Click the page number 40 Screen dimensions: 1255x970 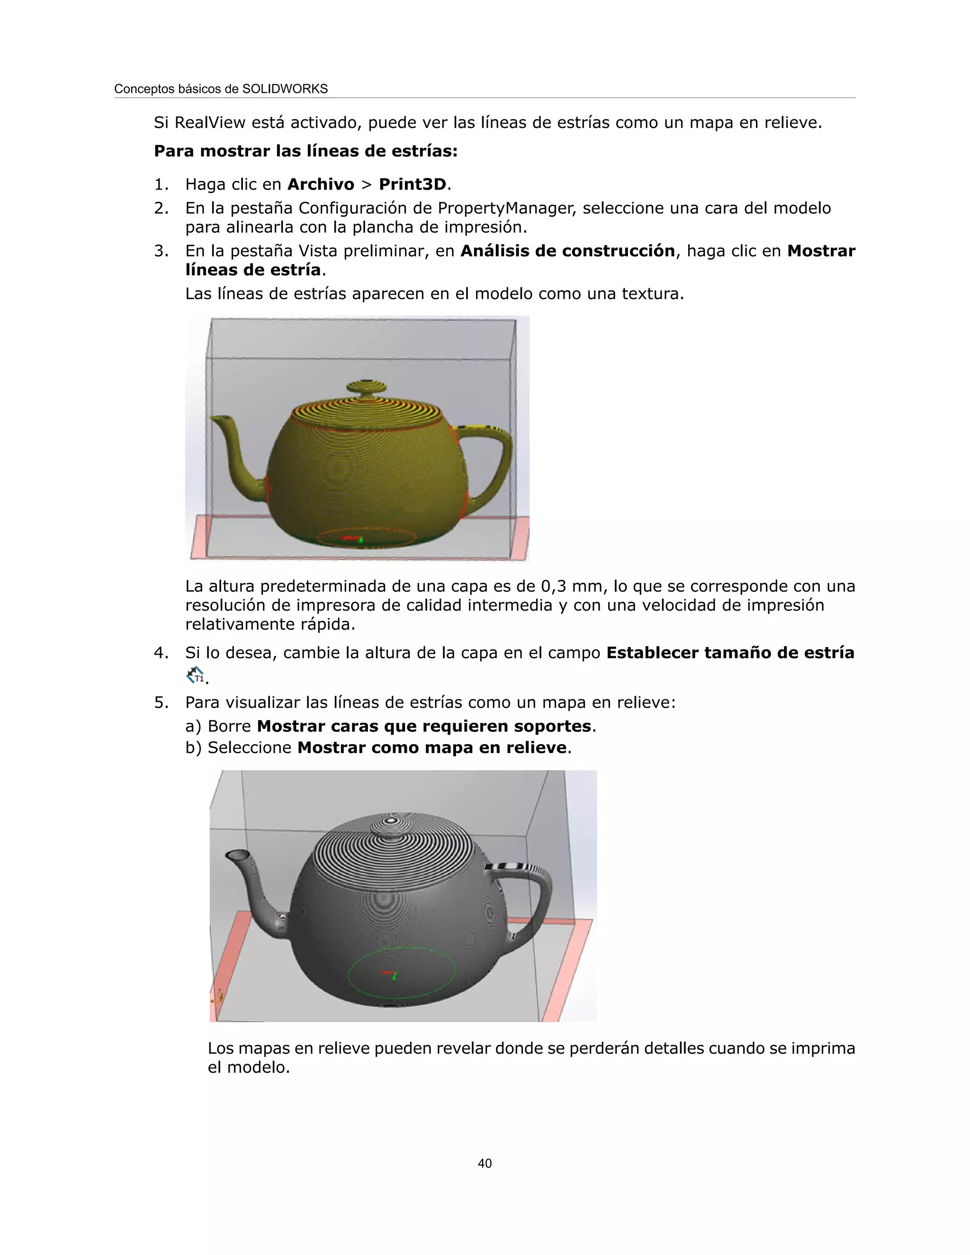tap(485, 1163)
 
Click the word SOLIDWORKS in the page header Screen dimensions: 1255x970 tap(285, 89)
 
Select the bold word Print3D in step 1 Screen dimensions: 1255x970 tap(412, 184)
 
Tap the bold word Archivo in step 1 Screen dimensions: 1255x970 tap(321, 184)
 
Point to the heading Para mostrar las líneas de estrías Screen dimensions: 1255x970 tap(305, 151)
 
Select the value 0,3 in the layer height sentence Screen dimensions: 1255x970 tap(553, 586)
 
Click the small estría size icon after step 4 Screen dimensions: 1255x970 tap(196, 675)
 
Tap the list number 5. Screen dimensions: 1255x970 tap(161, 703)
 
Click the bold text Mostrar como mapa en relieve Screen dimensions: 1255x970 tap(431, 748)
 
